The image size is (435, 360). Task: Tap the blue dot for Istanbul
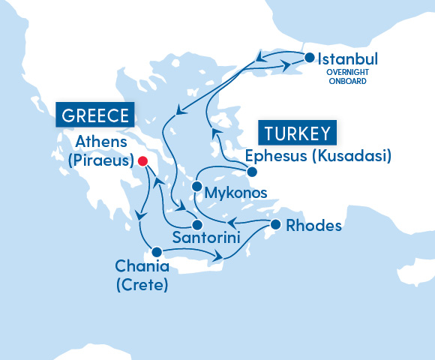pos(308,58)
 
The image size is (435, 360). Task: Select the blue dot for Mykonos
pos(196,186)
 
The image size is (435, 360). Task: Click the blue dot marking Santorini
pos(196,225)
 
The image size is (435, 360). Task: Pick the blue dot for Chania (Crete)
pos(157,252)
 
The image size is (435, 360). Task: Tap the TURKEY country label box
pos(297,134)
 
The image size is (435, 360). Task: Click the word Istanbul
pos(348,59)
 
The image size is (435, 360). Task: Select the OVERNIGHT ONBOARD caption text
pos(347,76)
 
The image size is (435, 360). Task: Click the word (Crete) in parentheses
pos(142,286)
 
